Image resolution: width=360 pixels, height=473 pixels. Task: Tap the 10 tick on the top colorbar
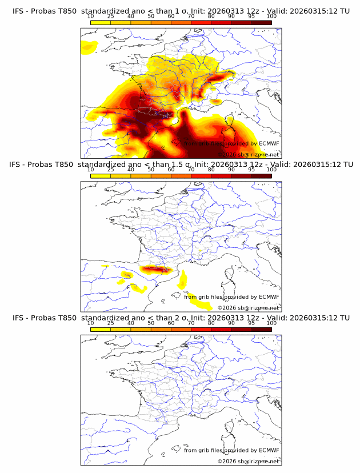91,17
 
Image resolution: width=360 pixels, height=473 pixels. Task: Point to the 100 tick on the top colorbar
271,17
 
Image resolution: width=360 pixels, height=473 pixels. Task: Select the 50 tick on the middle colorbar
151,170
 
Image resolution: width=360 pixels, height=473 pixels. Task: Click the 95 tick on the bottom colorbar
251,323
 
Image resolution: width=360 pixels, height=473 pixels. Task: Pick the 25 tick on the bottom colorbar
111,323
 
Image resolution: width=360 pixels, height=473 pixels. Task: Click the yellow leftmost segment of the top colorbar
101,22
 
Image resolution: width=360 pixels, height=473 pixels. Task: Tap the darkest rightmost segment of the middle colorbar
261,176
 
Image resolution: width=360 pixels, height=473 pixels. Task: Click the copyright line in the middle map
248,307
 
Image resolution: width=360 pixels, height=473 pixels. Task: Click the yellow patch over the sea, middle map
183,280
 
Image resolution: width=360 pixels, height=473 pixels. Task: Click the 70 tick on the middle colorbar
191,170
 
